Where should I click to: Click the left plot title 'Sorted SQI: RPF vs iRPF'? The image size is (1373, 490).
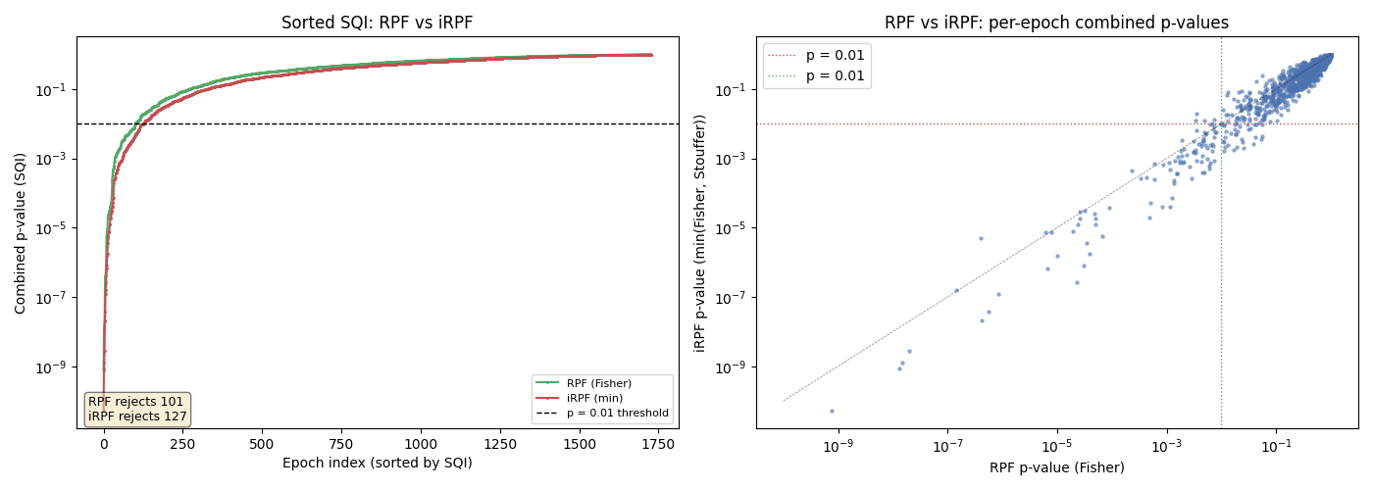pyautogui.click(x=378, y=23)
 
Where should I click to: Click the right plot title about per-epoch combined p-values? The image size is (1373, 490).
pyautogui.click(x=1056, y=23)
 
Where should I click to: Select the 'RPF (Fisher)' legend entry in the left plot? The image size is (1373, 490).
pyautogui.click(x=598, y=383)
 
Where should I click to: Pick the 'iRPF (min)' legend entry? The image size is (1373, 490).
pyautogui.click(x=594, y=398)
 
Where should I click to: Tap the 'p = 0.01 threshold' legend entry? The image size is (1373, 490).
pyautogui.click(x=617, y=413)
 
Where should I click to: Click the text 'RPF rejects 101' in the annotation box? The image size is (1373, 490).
pyautogui.click(x=136, y=402)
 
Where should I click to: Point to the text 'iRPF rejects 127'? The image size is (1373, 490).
pyautogui.click(x=137, y=416)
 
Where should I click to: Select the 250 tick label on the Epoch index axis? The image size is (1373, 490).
pyautogui.click(x=182, y=444)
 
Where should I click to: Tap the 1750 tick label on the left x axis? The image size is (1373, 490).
pyautogui.click(x=658, y=444)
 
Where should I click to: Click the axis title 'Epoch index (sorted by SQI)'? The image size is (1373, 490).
pyautogui.click(x=378, y=463)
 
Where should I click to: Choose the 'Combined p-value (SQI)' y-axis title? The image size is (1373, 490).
pyautogui.click(x=21, y=232)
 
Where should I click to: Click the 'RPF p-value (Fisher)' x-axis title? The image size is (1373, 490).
pyautogui.click(x=1056, y=467)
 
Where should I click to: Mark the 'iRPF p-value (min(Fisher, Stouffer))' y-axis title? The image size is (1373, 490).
pyautogui.click(x=700, y=232)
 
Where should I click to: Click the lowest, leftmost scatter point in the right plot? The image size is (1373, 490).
pyautogui.click(x=832, y=411)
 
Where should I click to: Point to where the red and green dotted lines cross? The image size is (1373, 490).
pyautogui.click(x=1221, y=123)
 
